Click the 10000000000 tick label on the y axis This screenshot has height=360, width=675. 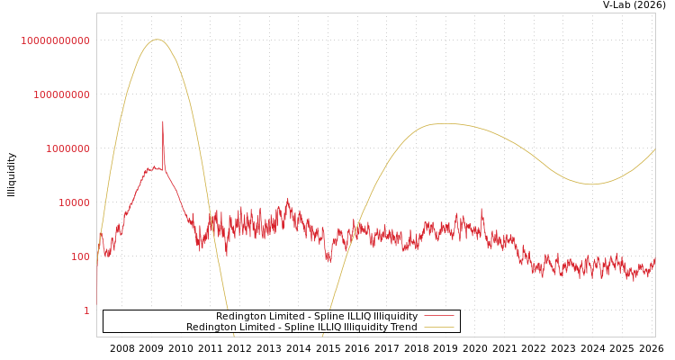[56, 40]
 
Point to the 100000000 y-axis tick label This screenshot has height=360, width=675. [61, 94]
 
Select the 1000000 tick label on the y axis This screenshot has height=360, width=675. [67, 148]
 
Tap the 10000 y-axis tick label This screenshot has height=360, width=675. [74, 202]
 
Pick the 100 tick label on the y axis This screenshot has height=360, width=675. [80, 256]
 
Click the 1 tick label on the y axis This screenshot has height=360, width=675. [86, 310]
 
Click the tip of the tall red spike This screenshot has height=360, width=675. [163, 121]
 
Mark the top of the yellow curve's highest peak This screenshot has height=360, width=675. [157, 40]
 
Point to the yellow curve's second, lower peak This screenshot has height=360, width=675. [445, 123]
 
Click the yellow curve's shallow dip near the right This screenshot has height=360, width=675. [591, 184]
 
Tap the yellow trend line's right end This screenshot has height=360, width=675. [654, 149]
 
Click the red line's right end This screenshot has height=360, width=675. [654, 260]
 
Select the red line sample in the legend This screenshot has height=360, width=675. [438, 317]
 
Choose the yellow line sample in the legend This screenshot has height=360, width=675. [438, 328]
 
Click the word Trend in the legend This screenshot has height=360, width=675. [402, 328]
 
